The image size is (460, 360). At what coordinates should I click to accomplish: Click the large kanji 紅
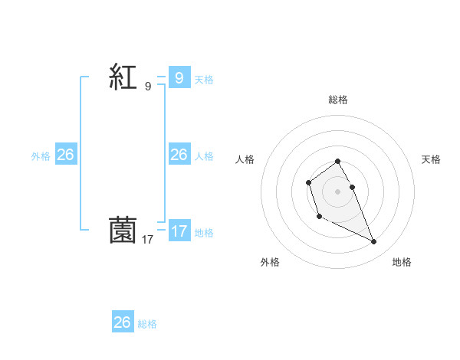(123, 77)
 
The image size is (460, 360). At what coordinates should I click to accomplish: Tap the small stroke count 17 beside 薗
(148, 240)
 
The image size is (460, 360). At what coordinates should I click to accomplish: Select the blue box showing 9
(179, 77)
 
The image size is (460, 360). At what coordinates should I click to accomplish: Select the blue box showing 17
(179, 231)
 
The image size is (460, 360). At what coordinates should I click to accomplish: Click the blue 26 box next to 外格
(65, 155)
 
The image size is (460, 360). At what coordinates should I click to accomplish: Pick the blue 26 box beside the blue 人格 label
(179, 155)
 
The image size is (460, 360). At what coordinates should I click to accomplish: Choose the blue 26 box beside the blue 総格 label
(122, 322)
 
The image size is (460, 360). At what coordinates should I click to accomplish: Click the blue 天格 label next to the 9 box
(204, 79)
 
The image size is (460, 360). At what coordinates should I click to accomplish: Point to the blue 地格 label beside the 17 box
(204, 233)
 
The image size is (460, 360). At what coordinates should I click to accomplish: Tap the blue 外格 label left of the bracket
(41, 156)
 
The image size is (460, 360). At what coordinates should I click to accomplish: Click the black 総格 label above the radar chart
(338, 100)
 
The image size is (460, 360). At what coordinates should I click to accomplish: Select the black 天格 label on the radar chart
(431, 159)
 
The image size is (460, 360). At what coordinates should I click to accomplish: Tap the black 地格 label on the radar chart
(402, 262)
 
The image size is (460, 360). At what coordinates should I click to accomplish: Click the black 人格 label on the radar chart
(245, 159)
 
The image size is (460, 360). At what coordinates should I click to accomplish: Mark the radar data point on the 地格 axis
(374, 242)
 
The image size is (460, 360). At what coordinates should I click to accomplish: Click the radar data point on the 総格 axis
(338, 161)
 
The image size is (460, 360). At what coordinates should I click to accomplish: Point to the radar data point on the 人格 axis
(308, 182)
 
